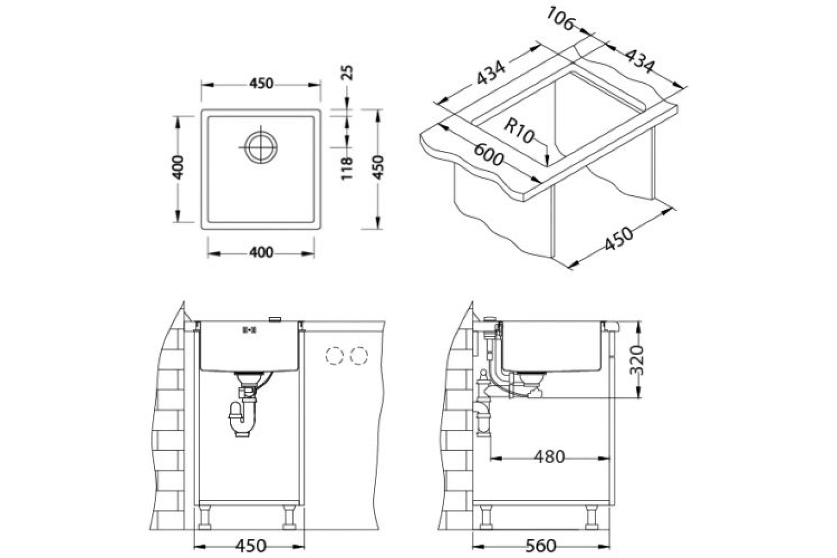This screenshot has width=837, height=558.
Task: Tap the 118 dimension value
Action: [x=347, y=168]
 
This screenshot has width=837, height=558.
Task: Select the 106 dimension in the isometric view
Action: [x=560, y=19]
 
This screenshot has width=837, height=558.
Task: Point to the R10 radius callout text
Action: [x=519, y=130]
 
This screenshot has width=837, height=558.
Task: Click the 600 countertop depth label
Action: [x=489, y=154]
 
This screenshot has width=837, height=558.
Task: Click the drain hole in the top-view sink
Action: [x=261, y=147]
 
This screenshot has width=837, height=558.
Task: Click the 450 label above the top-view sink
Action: [x=261, y=83]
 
